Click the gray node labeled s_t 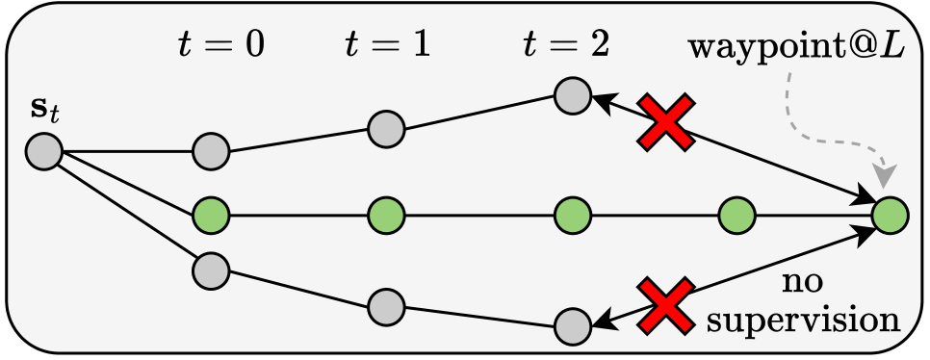(44, 151)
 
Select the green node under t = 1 (385, 214)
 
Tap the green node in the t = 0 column (210, 214)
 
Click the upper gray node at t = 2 (573, 95)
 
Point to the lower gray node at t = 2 (573, 325)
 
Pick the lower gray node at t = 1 (385, 303)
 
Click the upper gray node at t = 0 (210, 151)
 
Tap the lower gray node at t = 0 (210, 270)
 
